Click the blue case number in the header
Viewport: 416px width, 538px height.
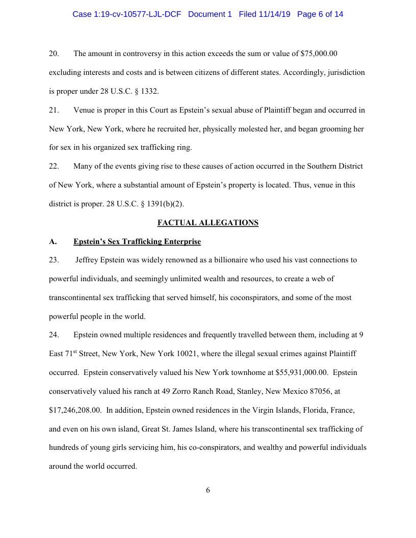tap(127, 14)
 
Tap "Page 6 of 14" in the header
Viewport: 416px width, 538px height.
tap(320, 14)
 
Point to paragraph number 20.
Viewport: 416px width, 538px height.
tap(54, 53)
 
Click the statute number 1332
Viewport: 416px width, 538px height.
tap(148, 91)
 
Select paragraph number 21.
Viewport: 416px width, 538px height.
tap(54, 110)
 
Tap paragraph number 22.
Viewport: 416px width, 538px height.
tap(54, 166)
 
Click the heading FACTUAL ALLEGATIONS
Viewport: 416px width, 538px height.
tap(208, 223)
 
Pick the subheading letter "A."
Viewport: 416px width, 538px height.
tap(53, 241)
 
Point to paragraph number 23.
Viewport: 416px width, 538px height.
tap(54, 260)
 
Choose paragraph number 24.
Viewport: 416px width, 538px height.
tap(54, 335)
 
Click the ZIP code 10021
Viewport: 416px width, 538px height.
tap(176, 354)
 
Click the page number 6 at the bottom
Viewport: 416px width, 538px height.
tap(208, 490)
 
